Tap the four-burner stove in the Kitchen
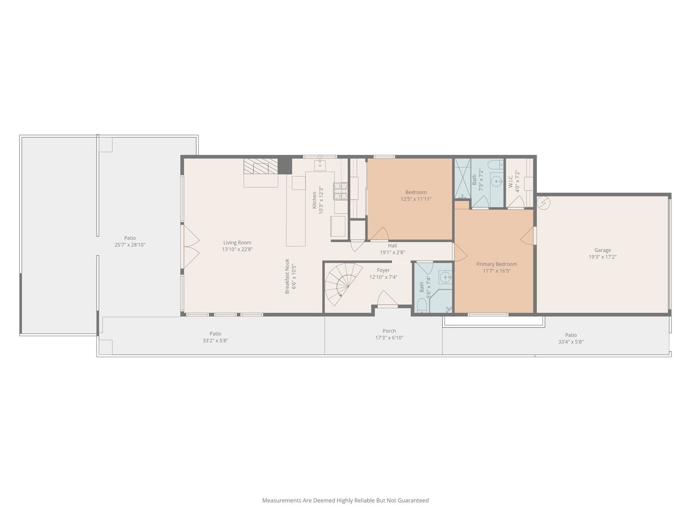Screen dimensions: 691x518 coord(340,191)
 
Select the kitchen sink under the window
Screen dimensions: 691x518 coord(320,165)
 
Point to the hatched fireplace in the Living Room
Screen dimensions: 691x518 coord(261,166)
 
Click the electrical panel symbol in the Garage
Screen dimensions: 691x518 coord(543,203)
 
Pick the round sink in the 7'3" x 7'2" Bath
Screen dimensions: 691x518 coord(497,181)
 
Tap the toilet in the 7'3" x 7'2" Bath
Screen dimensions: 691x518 coord(496,165)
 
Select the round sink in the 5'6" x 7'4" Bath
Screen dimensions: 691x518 coord(446,277)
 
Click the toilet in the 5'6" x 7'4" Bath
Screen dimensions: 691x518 coord(422,306)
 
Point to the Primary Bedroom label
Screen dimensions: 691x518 coord(497,264)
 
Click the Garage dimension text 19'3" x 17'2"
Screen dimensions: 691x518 coord(602,257)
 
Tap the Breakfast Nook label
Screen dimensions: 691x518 coord(287,276)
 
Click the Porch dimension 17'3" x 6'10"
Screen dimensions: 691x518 coord(389,338)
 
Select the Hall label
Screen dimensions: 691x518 coord(392,246)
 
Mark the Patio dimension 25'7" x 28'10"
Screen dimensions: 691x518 coord(130,244)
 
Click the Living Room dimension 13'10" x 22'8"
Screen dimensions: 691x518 coord(238,249)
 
